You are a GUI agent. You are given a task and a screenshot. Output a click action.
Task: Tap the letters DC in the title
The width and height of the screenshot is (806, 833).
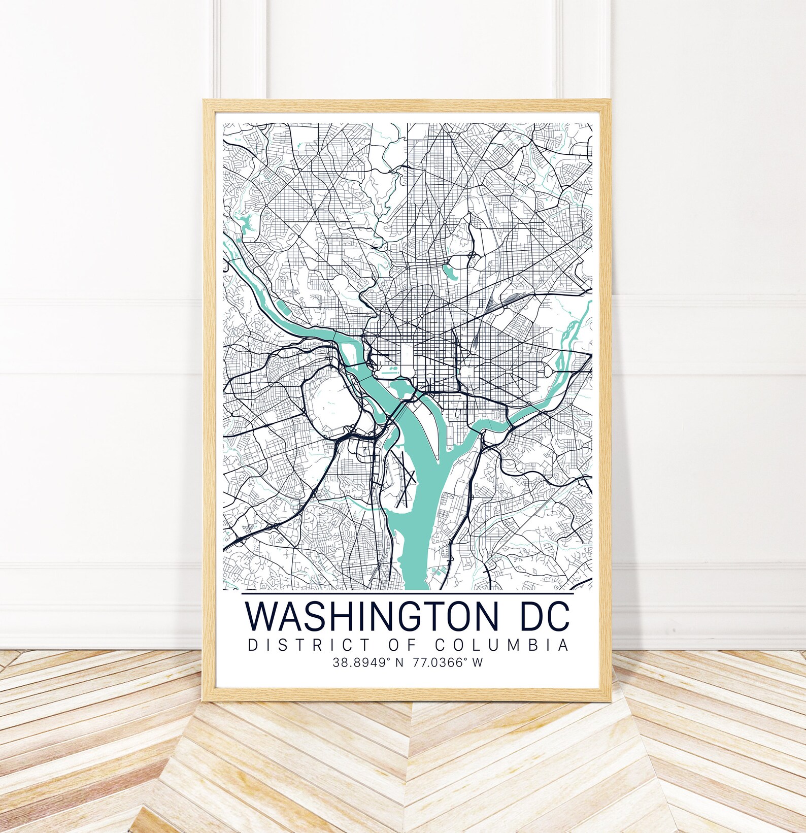tap(540, 616)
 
